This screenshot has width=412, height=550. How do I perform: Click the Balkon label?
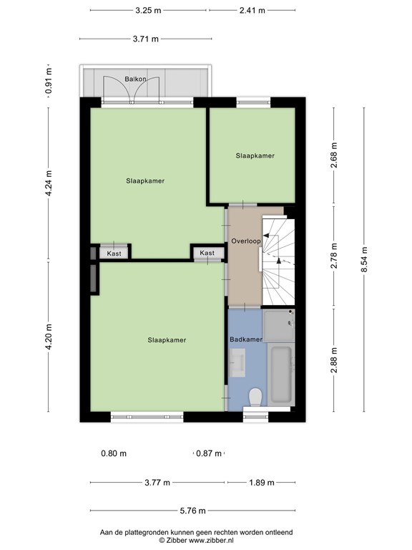135,79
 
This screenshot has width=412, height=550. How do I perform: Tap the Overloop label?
246,241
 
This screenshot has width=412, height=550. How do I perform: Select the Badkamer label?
246,339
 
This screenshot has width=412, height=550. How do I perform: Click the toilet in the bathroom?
255,397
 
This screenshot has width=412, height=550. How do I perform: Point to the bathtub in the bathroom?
281,374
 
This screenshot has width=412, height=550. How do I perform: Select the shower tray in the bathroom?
279,325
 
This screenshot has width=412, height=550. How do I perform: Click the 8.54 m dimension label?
364,259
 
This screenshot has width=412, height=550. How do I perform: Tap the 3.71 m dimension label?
146,39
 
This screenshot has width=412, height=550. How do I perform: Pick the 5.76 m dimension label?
192,511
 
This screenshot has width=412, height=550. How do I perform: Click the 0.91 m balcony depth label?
49,81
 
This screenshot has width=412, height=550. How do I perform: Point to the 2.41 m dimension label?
252,11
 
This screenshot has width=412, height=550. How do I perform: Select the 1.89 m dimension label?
262,483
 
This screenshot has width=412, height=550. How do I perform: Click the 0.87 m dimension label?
209,453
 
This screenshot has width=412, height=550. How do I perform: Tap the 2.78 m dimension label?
334,256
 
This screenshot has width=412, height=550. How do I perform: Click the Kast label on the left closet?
114,254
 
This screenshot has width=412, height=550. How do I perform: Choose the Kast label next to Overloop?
207,253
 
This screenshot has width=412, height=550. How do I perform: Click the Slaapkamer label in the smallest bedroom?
255,155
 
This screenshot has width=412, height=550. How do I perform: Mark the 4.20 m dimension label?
49,337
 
